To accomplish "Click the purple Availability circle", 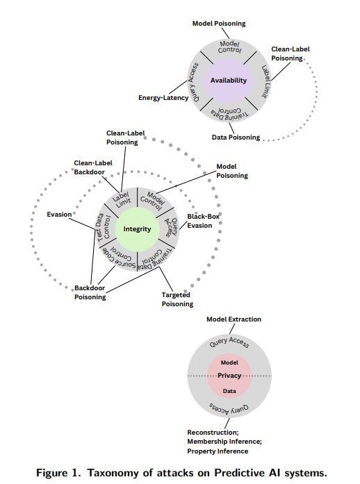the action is click(x=229, y=81).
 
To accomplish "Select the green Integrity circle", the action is click(x=137, y=229).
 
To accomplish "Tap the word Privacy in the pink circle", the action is click(x=229, y=376).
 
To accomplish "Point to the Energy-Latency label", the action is click(x=163, y=98).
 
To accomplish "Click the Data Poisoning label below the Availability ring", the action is click(x=236, y=137).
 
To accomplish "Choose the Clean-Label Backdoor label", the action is click(x=93, y=167).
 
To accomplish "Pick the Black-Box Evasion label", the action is click(x=203, y=221).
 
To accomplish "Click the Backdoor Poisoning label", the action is click(x=90, y=292).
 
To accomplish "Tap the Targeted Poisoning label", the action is click(x=177, y=299).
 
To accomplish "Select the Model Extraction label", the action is click(x=234, y=319).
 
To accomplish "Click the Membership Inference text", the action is click(x=224, y=442).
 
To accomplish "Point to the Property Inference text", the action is click(x=218, y=451).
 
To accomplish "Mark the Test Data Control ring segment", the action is click(x=104, y=228).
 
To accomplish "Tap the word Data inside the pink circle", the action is click(x=229, y=391).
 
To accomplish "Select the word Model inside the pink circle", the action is click(x=229, y=362).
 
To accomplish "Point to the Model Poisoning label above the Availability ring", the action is click(x=219, y=24).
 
